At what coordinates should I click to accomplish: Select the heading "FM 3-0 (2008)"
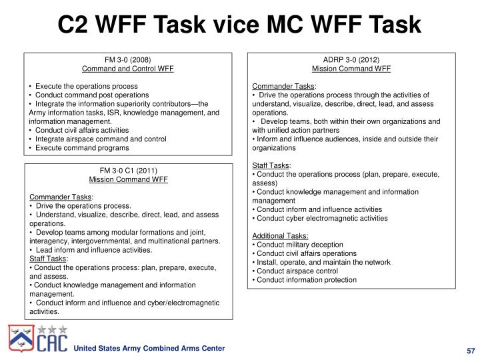pyautogui.click(x=127, y=59)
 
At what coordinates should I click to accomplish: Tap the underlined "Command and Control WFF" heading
pyautogui.click(x=127, y=69)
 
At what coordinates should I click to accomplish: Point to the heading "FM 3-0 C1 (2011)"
pyautogui.click(x=127, y=170)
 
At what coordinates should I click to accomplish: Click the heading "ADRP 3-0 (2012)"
pyautogui.click(x=351, y=59)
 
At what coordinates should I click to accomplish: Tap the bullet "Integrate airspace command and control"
pyautogui.click(x=100, y=139)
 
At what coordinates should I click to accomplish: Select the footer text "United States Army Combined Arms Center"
pyautogui.click(x=149, y=349)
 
